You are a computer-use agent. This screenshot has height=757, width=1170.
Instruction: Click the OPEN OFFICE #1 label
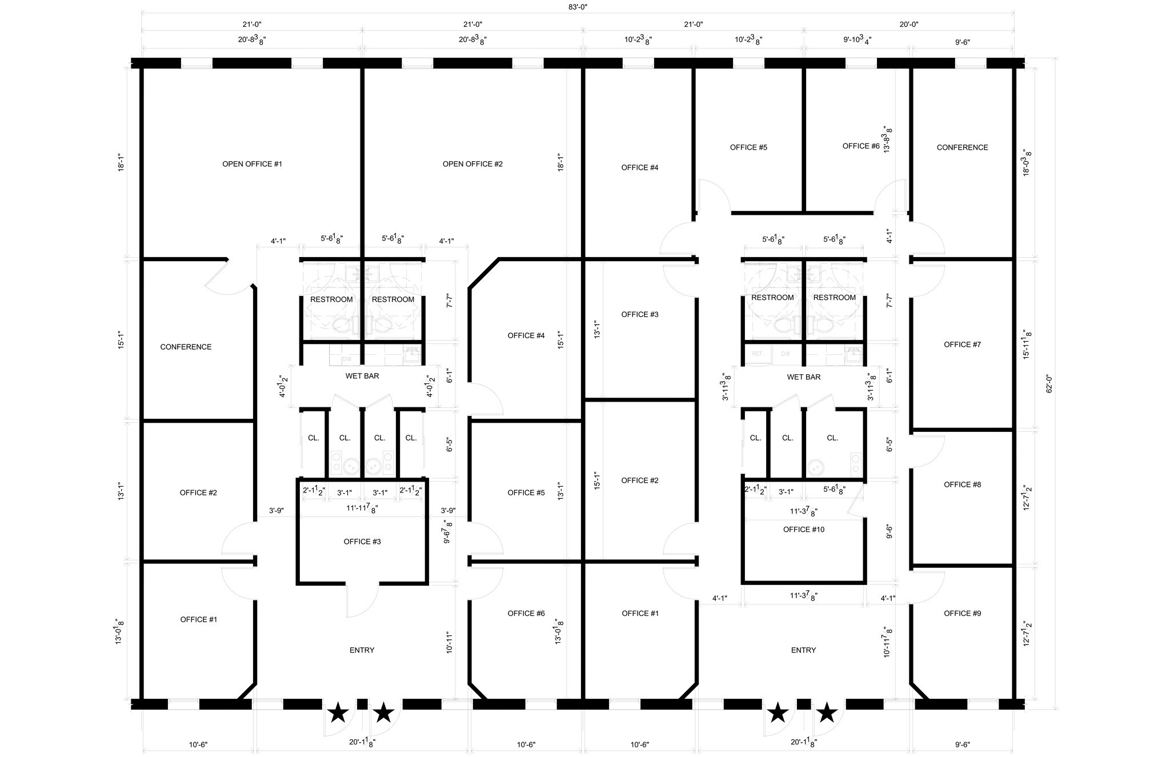pos(252,164)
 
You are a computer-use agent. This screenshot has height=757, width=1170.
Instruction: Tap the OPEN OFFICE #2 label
pos(472,164)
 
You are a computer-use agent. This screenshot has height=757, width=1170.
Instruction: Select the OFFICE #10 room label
pos(803,530)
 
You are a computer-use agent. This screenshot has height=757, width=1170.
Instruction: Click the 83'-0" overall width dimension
pos(578,7)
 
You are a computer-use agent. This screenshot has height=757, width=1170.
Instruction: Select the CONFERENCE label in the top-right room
pos(962,147)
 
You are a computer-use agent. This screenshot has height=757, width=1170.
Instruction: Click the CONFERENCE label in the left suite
pos(186,347)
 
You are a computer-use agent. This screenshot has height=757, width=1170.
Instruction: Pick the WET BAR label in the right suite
pos(803,377)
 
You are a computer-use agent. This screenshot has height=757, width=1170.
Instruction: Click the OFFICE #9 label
pos(962,614)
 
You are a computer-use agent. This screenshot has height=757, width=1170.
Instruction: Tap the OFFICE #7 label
pos(962,345)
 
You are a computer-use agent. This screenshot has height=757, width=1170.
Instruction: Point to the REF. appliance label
pos(758,354)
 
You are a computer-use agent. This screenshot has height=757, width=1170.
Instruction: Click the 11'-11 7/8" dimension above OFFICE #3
pos(362,508)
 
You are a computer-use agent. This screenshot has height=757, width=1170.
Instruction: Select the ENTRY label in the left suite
pos(362,650)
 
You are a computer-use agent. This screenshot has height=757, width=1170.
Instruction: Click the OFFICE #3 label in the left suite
pos(362,542)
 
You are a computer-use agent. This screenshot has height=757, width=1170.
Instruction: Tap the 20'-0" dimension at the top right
pos(908,24)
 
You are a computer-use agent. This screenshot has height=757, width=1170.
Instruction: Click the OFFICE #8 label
pos(962,484)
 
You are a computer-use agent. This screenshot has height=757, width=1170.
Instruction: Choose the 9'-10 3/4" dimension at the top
pos(857,40)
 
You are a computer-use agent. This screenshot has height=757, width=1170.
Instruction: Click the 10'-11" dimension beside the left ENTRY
pos(449,642)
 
